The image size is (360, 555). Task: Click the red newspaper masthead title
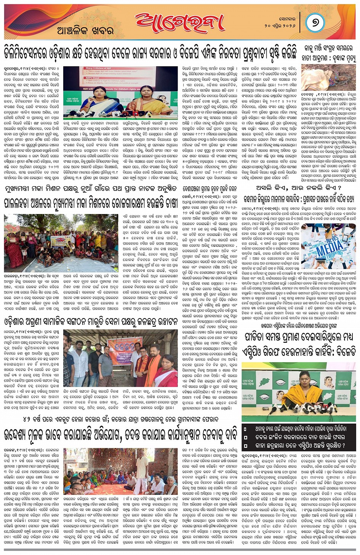click(x=179, y=23)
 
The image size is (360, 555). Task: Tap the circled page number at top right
click(x=315, y=22)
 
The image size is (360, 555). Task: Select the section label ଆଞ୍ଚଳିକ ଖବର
click(x=85, y=31)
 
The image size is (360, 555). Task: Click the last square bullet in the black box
click(x=246, y=445)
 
